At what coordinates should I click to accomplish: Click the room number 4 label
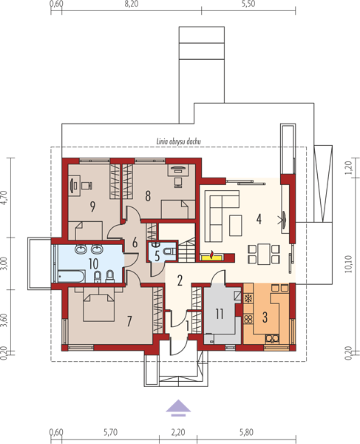tap(259, 219)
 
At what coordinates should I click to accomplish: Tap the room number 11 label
tap(220, 314)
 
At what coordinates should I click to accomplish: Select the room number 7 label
tap(129, 321)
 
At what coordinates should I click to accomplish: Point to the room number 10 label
tap(93, 264)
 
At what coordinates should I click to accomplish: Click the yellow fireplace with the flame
tap(211, 256)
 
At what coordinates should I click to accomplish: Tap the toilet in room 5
tap(171, 251)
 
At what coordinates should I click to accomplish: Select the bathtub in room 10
tap(71, 276)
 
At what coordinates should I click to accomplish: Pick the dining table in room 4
tap(264, 254)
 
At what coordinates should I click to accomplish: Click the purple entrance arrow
tap(178, 408)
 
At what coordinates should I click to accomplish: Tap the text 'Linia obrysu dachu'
tap(179, 141)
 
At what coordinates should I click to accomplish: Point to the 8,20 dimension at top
tap(132, 4)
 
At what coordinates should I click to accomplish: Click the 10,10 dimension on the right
tap(349, 264)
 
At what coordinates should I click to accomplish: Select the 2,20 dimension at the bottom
tap(178, 432)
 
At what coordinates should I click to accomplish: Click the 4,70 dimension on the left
tap(4, 198)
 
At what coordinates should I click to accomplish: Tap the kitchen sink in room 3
tap(272, 338)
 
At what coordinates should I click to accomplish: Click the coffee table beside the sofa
tap(236, 226)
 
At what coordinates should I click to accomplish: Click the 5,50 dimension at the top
tap(248, 4)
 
